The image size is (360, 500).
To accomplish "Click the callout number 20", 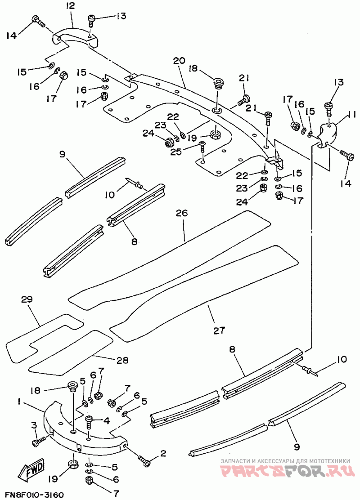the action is pos(180,61).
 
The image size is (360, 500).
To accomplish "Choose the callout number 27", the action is pos(219,330).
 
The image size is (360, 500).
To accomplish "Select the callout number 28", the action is pos(122,360).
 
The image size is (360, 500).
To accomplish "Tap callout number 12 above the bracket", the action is pos(70,5).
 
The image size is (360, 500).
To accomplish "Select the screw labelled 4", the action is pos(89,422).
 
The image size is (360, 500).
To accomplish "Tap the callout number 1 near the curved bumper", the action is pos(20,402).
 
